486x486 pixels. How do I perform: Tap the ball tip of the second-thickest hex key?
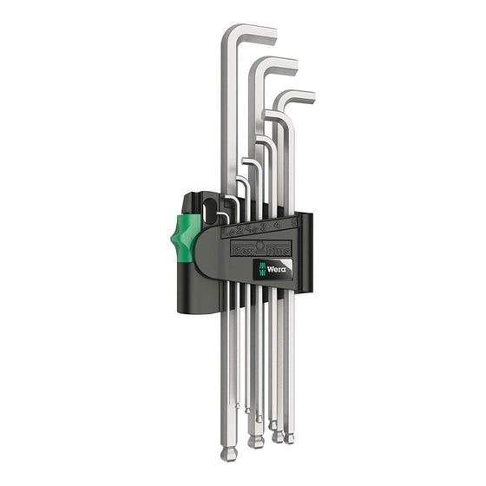(x=255, y=441)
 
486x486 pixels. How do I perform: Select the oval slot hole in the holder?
(x=211, y=208)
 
